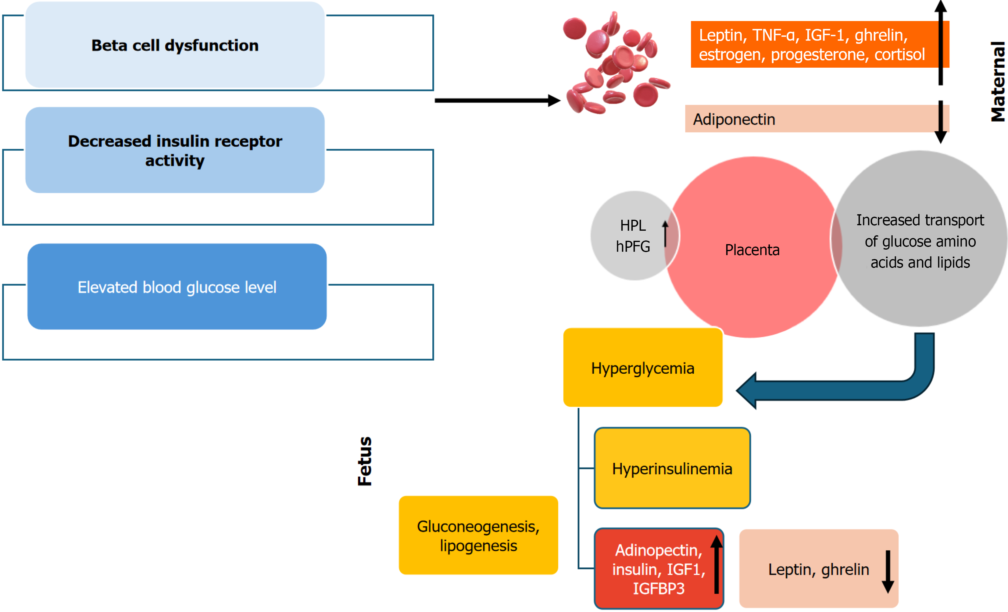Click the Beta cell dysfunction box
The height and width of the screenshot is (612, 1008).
click(x=175, y=45)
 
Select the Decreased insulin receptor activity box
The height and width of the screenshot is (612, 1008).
click(x=175, y=150)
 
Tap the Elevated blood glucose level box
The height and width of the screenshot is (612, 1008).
click(x=177, y=287)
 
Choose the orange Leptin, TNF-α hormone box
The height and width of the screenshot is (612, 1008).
click(x=812, y=44)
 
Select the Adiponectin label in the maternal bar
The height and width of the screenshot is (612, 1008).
click(x=734, y=119)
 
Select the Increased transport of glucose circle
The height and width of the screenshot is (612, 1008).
click(x=920, y=241)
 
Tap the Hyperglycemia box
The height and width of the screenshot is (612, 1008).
click(x=643, y=368)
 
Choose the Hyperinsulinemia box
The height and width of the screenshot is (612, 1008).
click(x=672, y=468)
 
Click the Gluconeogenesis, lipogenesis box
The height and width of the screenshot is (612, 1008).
click(x=478, y=535)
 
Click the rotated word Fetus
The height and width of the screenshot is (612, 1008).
click(x=364, y=461)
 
